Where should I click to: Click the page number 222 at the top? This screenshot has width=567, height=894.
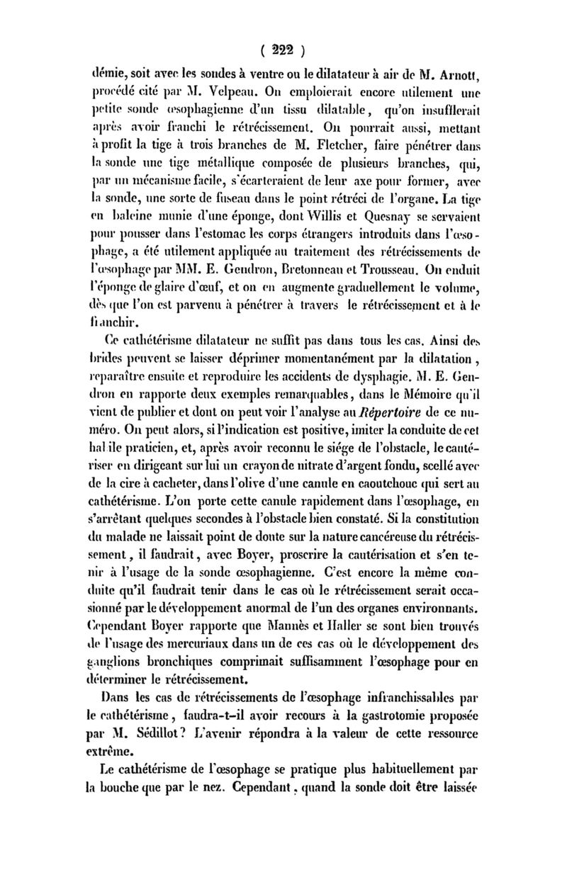[x=283, y=50]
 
